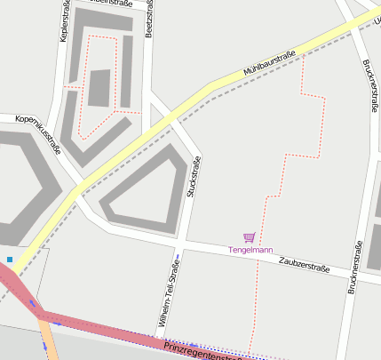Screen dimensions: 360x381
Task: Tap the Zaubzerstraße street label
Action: [304, 264]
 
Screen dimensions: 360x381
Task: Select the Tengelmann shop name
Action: [250, 250]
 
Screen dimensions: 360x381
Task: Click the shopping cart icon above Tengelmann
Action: [250, 237]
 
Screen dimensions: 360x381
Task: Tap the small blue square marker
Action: [10, 260]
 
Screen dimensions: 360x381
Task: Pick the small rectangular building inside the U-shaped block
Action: [99, 88]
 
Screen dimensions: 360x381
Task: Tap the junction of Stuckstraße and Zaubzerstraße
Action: [180, 241]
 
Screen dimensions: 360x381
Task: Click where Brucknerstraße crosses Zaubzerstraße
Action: [357, 271]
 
